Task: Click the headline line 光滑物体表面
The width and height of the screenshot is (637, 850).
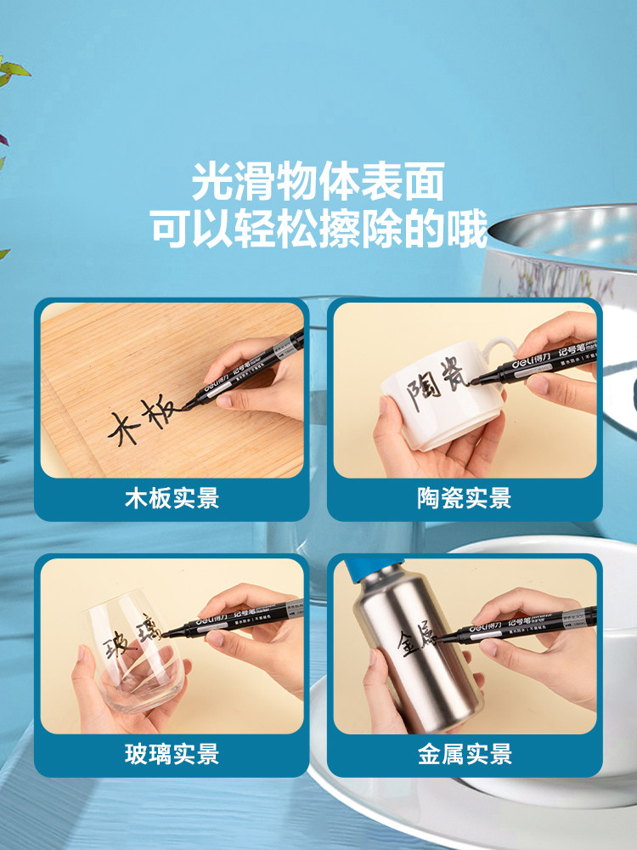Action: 318,183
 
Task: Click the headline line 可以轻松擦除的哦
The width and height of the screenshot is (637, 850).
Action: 318,229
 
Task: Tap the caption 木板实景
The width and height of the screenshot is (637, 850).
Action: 172,498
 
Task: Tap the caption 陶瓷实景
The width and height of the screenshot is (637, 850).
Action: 464,498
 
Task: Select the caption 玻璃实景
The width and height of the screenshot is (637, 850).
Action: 172,753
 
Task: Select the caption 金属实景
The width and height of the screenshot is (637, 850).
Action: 464,753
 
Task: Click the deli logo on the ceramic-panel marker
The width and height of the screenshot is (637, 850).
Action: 525,364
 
